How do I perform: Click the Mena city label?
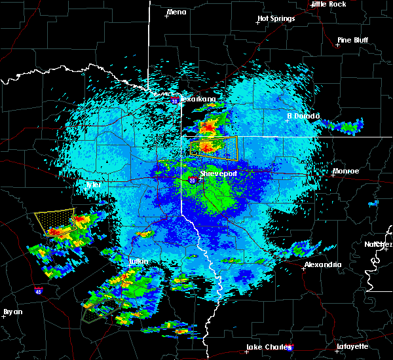click(176, 12)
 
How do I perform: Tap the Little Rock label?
click(328, 4)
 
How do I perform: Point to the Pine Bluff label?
click(352, 40)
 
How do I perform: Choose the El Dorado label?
click(303, 116)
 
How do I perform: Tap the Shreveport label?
click(217, 173)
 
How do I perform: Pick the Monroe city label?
click(346, 171)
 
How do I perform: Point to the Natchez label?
click(378, 244)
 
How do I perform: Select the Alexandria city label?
click(322, 264)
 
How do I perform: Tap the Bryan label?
click(12, 312)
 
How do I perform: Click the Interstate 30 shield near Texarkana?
click(175, 101)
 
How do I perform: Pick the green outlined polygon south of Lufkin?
click(100, 309)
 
